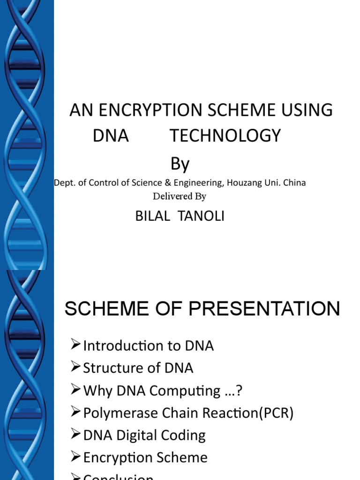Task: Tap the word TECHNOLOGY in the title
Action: [225, 136]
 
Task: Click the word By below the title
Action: [180, 164]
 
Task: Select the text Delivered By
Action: [180, 196]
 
